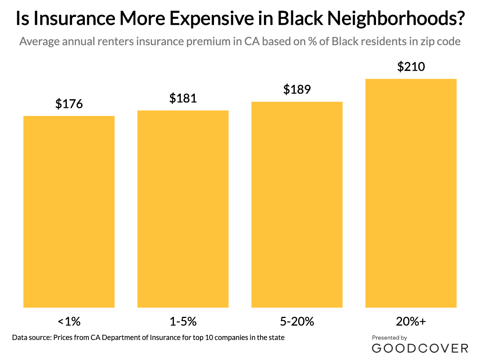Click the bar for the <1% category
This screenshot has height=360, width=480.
69,212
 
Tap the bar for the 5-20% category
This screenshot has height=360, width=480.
297,204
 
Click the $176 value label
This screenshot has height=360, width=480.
69,104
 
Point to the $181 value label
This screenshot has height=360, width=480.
183,98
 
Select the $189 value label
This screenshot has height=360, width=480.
297,90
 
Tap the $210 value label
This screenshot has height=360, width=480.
411,67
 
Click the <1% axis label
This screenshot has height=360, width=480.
69,321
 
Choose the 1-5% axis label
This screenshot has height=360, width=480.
183,321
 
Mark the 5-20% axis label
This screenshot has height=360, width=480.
297,321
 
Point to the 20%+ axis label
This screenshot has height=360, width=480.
411,321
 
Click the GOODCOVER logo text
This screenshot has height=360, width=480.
420,348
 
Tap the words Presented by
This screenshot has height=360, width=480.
389,338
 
